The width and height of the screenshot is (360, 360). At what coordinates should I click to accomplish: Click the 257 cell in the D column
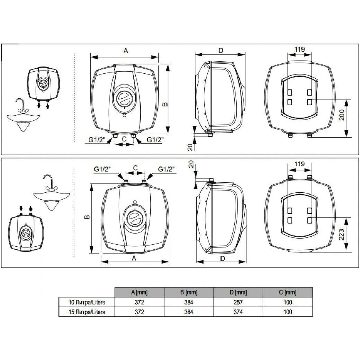238,302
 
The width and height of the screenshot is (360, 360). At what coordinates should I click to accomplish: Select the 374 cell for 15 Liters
238,312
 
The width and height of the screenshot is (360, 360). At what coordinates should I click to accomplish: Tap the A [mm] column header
139,292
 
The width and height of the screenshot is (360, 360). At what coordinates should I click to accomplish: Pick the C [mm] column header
288,292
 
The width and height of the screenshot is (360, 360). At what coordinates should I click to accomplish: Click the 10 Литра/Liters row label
87,302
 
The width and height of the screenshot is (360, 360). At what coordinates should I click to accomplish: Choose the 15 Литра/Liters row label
87,312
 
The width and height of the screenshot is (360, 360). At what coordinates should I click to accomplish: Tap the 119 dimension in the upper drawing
300,49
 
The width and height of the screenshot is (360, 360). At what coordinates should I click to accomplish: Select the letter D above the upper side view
220,50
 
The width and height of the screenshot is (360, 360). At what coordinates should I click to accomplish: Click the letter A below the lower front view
134,258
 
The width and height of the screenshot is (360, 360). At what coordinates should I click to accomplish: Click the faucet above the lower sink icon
48,182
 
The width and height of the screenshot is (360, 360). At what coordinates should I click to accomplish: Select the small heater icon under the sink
26,232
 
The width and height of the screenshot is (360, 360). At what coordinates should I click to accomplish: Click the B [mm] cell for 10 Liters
189,302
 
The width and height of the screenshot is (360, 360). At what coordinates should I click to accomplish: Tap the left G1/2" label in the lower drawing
102,169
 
